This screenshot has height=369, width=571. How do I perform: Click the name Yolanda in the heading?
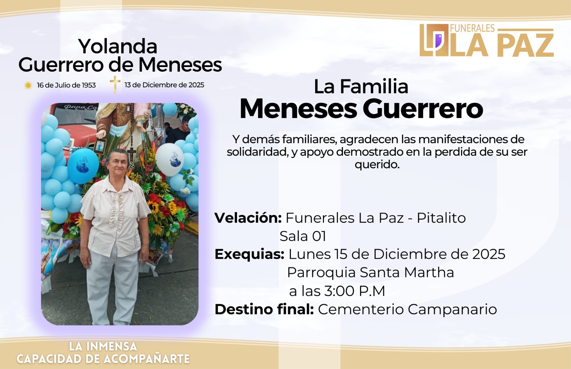[118, 46]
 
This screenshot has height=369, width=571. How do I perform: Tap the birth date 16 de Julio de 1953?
[66, 85]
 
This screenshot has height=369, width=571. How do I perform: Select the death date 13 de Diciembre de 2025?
[165, 85]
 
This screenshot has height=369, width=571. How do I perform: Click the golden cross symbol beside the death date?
[115, 84]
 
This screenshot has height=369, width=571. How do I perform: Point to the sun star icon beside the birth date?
[28, 85]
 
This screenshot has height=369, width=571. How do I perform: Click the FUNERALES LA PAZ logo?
[487, 40]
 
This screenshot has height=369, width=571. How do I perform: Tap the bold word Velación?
[248, 218]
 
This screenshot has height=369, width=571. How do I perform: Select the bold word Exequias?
[249, 254]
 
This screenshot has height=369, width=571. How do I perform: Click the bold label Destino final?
[264, 309]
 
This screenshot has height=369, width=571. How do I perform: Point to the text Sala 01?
[303, 236]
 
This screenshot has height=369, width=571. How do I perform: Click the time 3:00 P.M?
[355, 291]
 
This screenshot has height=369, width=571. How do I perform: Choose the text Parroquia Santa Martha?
[371, 272]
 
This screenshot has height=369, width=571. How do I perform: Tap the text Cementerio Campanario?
[407, 309]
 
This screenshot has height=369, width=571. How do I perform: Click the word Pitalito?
[441, 218]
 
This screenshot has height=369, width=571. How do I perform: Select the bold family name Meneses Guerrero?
[361, 109]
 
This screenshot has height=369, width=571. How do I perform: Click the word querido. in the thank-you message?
[377, 164]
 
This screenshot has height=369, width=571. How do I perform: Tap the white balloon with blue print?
[170, 159]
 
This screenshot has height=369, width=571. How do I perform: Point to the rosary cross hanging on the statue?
[132, 153]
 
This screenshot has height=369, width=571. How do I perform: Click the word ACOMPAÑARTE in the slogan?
[147, 359]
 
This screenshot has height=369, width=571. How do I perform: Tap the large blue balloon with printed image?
[83, 165]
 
